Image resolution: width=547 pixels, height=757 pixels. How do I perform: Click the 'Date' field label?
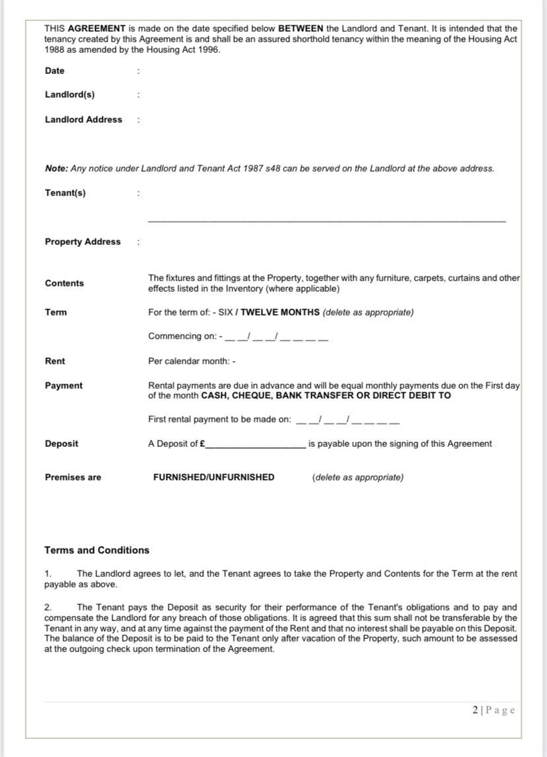(x=55, y=71)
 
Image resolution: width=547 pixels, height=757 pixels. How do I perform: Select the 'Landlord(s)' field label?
(x=69, y=94)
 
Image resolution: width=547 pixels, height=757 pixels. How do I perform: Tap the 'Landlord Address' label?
(x=83, y=119)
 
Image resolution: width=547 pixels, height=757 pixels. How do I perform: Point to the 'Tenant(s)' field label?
(x=65, y=193)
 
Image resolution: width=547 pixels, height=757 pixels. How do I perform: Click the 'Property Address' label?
(x=83, y=242)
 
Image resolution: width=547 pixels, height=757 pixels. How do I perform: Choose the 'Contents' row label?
(x=64, y=283)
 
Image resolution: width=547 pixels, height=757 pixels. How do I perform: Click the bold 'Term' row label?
(x=55, y=312)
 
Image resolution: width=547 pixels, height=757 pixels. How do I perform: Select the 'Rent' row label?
(x=55, y=361)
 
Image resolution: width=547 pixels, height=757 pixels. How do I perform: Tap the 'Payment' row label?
(x=63, y=385)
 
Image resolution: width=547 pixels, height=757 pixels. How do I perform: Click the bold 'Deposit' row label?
(x=61, y=444)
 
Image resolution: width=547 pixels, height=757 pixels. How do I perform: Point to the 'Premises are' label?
(x=73, y=477)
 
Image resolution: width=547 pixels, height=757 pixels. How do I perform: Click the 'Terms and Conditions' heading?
(x=97, y=550)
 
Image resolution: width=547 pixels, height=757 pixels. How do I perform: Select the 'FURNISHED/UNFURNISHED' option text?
(x=213, y=477)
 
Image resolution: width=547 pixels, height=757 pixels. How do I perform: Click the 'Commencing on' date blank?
(x=276, y=337)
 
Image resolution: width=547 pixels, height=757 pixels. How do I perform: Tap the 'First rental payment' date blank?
(x=347, y=420)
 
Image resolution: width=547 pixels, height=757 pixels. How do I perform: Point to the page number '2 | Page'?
(x=493, y=710)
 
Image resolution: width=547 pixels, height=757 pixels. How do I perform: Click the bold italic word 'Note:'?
(x=56, y=168)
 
